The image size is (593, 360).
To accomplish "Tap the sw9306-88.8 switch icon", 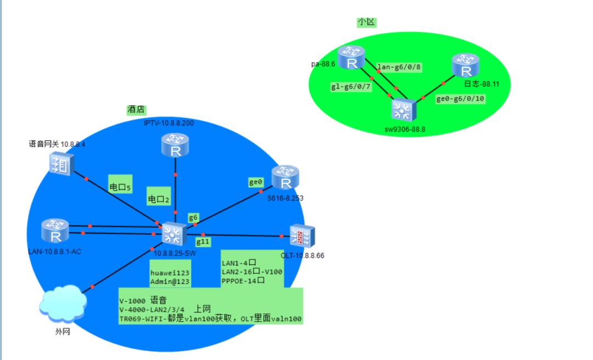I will (404, 111).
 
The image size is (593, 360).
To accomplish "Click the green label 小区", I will (366, 22).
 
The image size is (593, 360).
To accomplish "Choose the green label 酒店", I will (136, 110).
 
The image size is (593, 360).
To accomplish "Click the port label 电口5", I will (120, 188).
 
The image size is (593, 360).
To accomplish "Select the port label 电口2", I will (159, 199).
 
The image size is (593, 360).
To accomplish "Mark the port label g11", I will (203, 241).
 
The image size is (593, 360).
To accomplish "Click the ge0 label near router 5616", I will (256, 182).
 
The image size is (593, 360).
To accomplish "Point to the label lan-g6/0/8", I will (399, 67).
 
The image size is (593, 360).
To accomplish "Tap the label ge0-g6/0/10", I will (460, 99).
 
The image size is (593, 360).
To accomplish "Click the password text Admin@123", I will (170, 282).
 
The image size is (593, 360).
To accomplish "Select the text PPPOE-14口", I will (244, 280).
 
